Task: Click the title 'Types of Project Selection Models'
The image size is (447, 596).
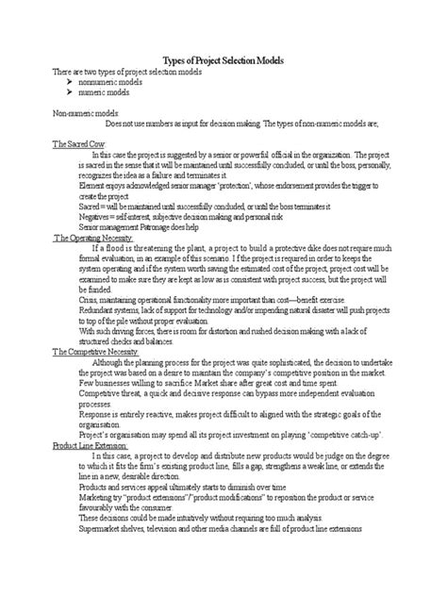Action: click(223, 60)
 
